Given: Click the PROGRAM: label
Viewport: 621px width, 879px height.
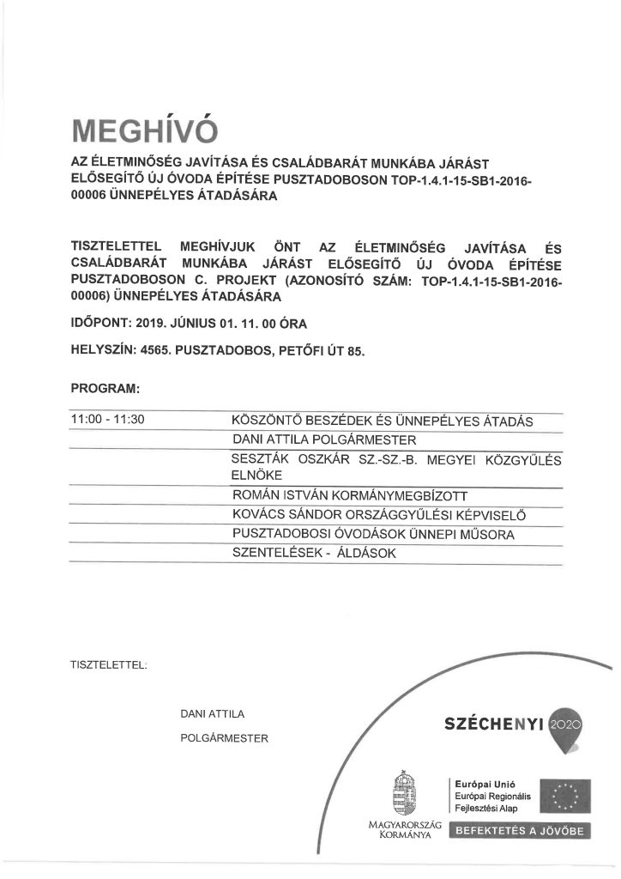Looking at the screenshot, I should (x=105, y=389).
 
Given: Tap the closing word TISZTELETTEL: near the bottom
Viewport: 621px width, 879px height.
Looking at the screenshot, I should (x=111, y=664).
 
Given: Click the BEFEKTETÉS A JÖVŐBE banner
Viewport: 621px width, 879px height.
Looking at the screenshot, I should (x=520, y=831).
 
